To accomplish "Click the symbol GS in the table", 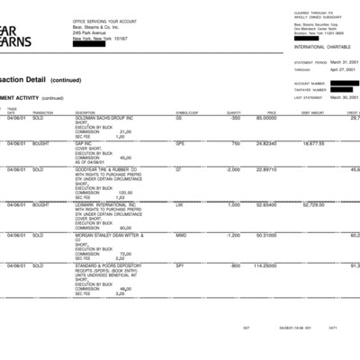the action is (x=178, y=118).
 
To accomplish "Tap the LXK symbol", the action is (x=179, y=204).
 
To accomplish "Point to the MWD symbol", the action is (x=180, y=235).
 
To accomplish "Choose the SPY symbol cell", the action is (x=179, y=265).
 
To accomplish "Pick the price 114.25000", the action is (x=264, y=265).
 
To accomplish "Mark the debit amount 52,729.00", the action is (x=311, y=204).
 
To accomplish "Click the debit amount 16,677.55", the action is (x=312, y=143).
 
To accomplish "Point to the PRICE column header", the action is (x=271, y=112).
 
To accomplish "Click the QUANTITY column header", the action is (x=233, y=112).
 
